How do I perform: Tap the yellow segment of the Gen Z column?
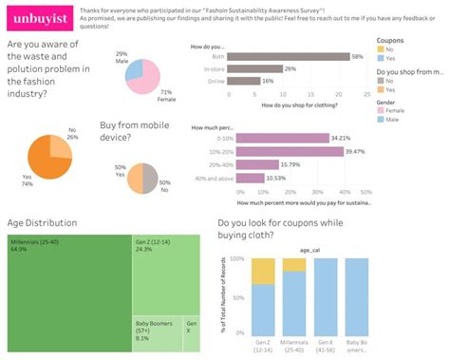click(x=263, y=270)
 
